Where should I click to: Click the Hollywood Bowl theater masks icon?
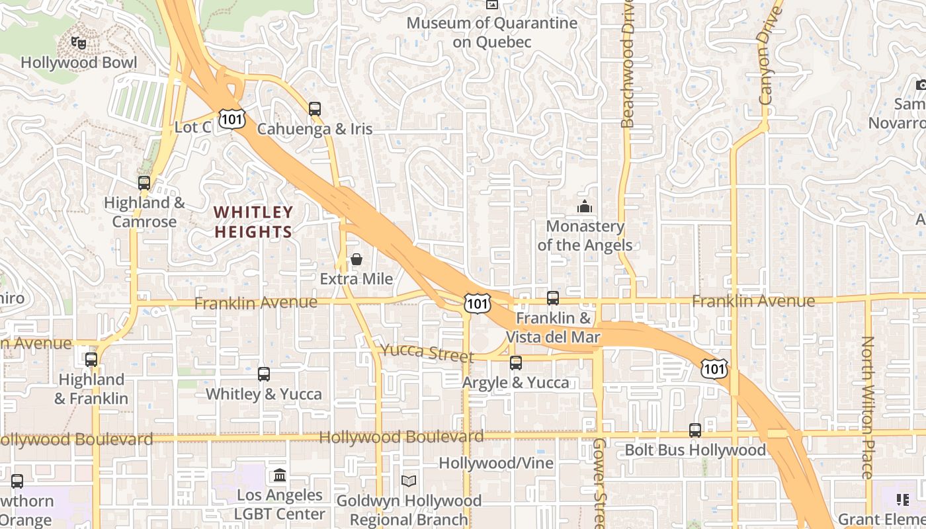(79, 44)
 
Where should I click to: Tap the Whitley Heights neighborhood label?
(253, 222)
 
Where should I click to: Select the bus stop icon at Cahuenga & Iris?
(315, 108)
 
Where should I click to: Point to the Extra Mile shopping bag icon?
(357, 259)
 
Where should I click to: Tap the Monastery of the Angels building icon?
(584, 207)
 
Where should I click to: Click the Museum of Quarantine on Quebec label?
(491, 32)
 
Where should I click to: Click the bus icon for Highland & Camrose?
(144, 183)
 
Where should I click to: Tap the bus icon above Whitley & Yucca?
(264, 374)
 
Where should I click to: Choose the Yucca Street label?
(427, 352)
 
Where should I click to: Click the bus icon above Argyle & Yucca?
(516, 362)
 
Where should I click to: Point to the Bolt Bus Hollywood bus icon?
(695, 430)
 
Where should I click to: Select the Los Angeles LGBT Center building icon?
(280, 475)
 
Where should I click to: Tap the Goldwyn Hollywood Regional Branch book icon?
(409, 481)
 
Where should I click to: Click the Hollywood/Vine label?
(496, 463)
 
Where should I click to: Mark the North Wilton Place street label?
(868, 407)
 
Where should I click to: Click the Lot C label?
(192, 127)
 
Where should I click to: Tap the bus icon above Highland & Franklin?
(91, 360)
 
